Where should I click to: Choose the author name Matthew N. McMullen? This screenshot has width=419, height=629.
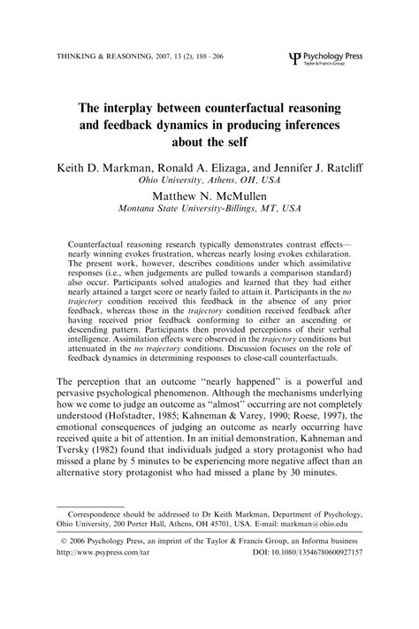[209, 196]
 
